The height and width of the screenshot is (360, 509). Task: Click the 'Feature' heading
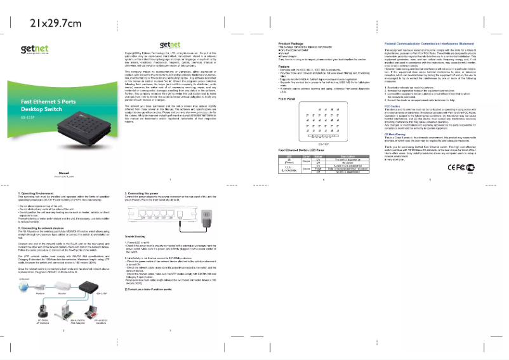(284, 66)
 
